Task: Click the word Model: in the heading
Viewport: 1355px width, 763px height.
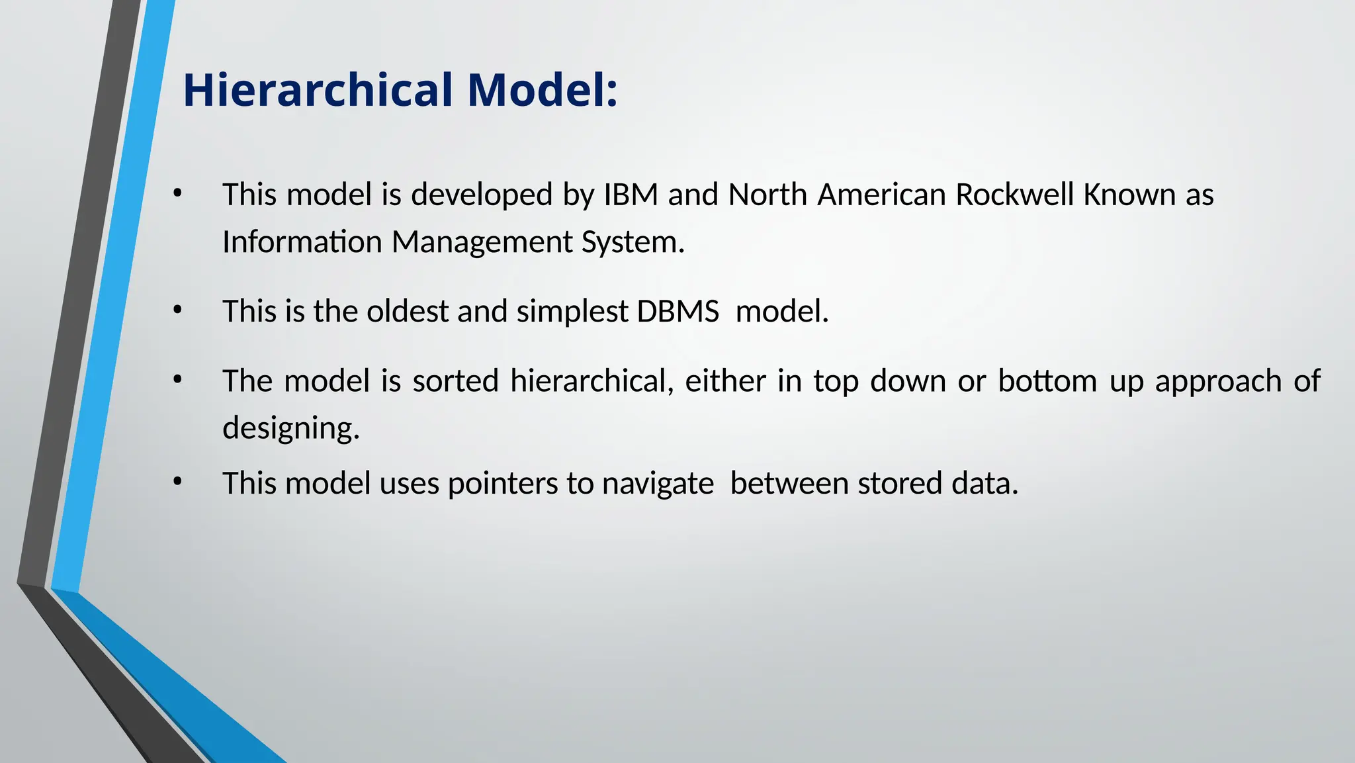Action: click(542, 90)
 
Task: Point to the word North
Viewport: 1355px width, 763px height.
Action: click(767, 195)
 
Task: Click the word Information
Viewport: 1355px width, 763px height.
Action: click(301, 242)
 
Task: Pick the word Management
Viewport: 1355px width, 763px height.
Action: click(482, 242)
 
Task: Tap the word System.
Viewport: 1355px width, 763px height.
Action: click(633, 242)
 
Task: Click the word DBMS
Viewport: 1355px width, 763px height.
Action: click(677, 311)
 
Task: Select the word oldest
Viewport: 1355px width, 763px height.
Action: click(408, 311)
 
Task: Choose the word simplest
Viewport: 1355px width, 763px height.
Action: click(572, 311)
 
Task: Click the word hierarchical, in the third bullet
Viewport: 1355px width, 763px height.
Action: click(591, 381)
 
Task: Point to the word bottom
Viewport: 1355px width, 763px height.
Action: click(1047, 381)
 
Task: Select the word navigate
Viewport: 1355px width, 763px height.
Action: click(658, 483)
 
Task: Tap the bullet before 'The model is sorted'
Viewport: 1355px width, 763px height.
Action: click(177, 379)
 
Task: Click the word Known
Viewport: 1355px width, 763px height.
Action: click(1129, 195)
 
